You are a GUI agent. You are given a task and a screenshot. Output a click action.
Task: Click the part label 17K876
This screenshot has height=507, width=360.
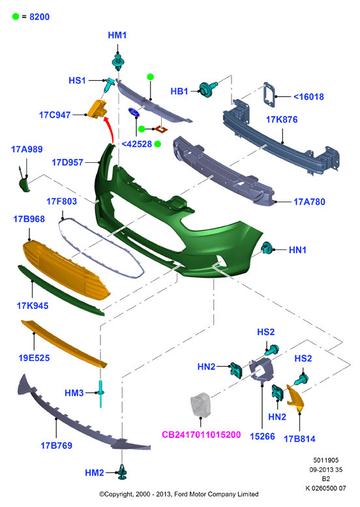281,120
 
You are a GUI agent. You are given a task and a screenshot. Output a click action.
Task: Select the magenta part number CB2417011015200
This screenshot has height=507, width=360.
201,434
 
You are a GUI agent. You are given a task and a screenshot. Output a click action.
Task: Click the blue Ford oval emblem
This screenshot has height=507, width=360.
134,113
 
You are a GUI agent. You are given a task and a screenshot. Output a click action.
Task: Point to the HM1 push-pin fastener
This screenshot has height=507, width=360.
118,62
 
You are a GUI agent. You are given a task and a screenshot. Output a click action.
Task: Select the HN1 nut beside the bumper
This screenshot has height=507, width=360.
267,248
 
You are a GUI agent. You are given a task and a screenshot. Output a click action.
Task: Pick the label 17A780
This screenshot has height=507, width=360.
309,202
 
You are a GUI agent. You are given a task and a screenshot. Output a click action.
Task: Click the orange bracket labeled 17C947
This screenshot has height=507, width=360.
97,108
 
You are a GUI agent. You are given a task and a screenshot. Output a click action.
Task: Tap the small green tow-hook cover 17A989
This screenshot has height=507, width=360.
23,182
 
